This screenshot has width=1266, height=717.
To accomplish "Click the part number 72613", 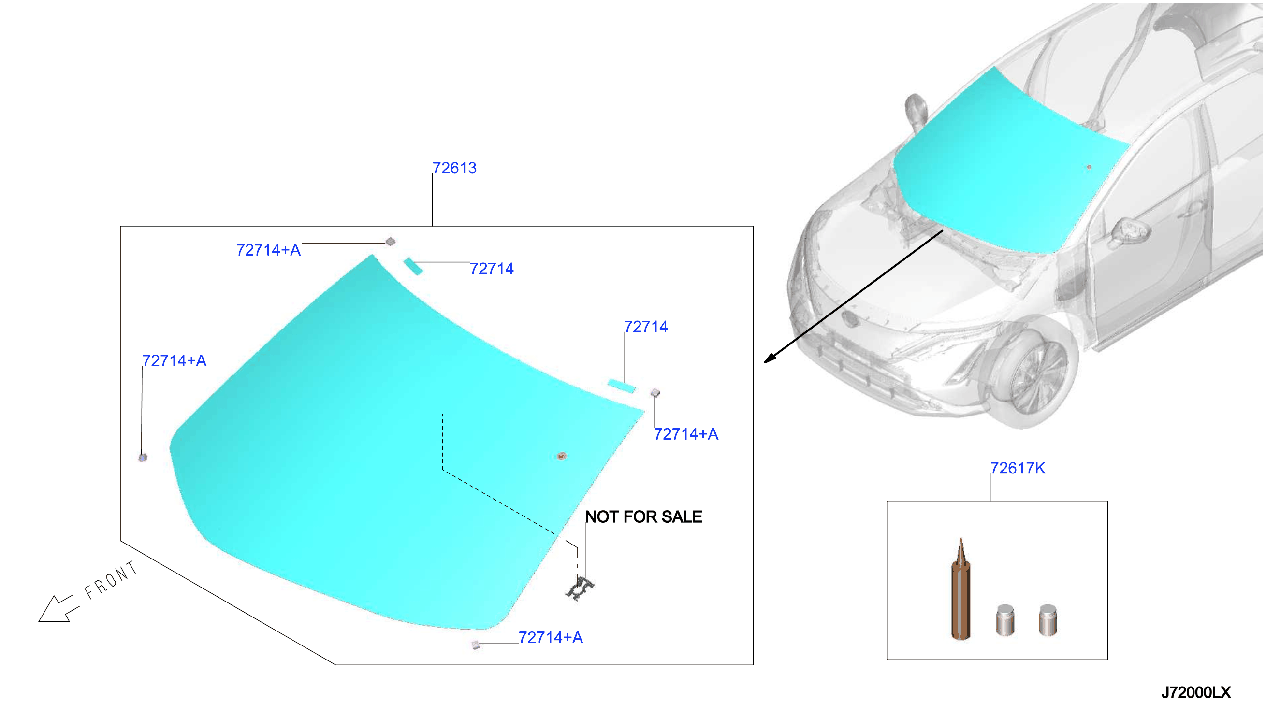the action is pos(454,168).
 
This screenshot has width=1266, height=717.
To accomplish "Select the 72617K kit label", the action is pos(1017,468).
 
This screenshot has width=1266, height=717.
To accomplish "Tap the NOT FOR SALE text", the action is pos(643,516).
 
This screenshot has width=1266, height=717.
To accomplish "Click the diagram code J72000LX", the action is pos(1195,692).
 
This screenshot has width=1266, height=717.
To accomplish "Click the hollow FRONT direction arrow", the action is pos(58,609).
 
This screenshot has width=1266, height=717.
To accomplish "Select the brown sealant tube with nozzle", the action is pos(960,589).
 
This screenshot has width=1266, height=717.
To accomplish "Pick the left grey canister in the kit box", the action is pos(1004,620).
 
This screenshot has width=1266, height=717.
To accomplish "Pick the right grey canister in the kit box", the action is pos(1048,620).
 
